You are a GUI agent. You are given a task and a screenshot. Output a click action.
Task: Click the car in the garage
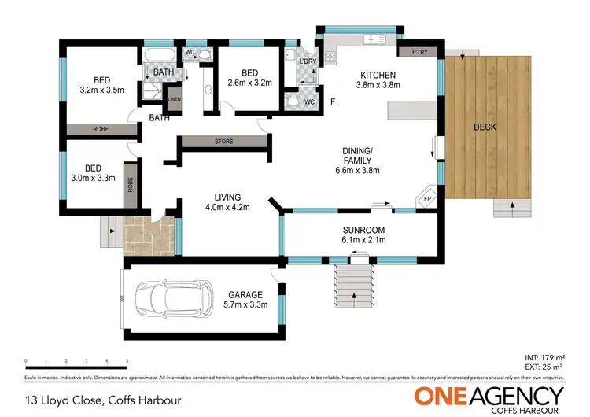pos(175,299)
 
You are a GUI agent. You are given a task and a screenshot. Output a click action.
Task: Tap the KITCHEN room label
pos(376,76)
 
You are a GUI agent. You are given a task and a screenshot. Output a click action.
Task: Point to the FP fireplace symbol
pos(427,199)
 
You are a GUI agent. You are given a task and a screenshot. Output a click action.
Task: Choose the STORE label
pos(223,142)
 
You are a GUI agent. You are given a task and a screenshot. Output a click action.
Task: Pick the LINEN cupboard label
pos(173,99)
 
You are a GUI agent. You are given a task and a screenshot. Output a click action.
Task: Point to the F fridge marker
pos(332,101)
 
